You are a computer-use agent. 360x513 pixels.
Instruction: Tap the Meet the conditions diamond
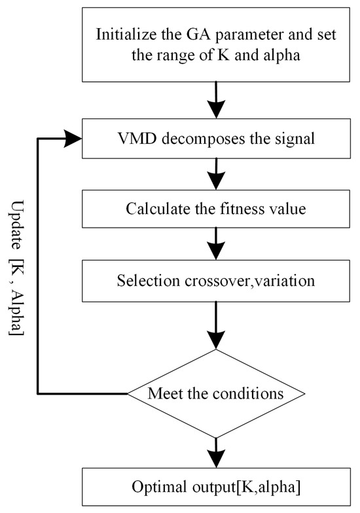[x=215, y=394]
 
